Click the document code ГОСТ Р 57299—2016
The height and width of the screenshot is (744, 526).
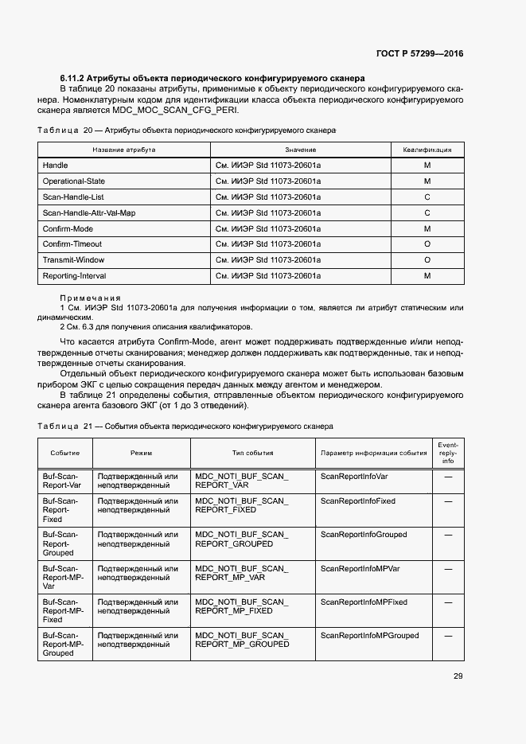click(x=419, y=54)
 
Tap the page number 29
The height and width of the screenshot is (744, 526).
click(x=458, y=676)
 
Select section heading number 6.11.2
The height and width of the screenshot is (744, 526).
click(x=73, y=79)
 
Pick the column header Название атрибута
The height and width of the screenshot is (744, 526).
click(x=124, y=150)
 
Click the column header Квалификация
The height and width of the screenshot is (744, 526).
click(x=427, y=150)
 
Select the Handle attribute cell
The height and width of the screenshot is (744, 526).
click(x=55, y=166)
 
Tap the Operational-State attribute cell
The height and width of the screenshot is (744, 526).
click(x=73, y=181)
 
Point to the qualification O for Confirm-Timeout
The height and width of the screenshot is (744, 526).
click(x=427, y=244)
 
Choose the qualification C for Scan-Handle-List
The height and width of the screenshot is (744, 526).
click(x=427, y=197)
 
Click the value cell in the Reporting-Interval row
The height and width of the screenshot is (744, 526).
click(x=268, y=275)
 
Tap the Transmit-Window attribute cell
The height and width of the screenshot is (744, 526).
click(x=73, y=260)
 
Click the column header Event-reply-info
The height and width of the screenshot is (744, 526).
click(x=448, y=452)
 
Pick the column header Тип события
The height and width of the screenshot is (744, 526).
click(x=252, y=453)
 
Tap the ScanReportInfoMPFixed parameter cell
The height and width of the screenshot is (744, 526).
click(x=364, y=602)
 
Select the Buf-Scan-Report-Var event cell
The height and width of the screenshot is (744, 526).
click(x=61, y=480)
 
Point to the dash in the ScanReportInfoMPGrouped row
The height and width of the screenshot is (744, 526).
click(x=448, y=636)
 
